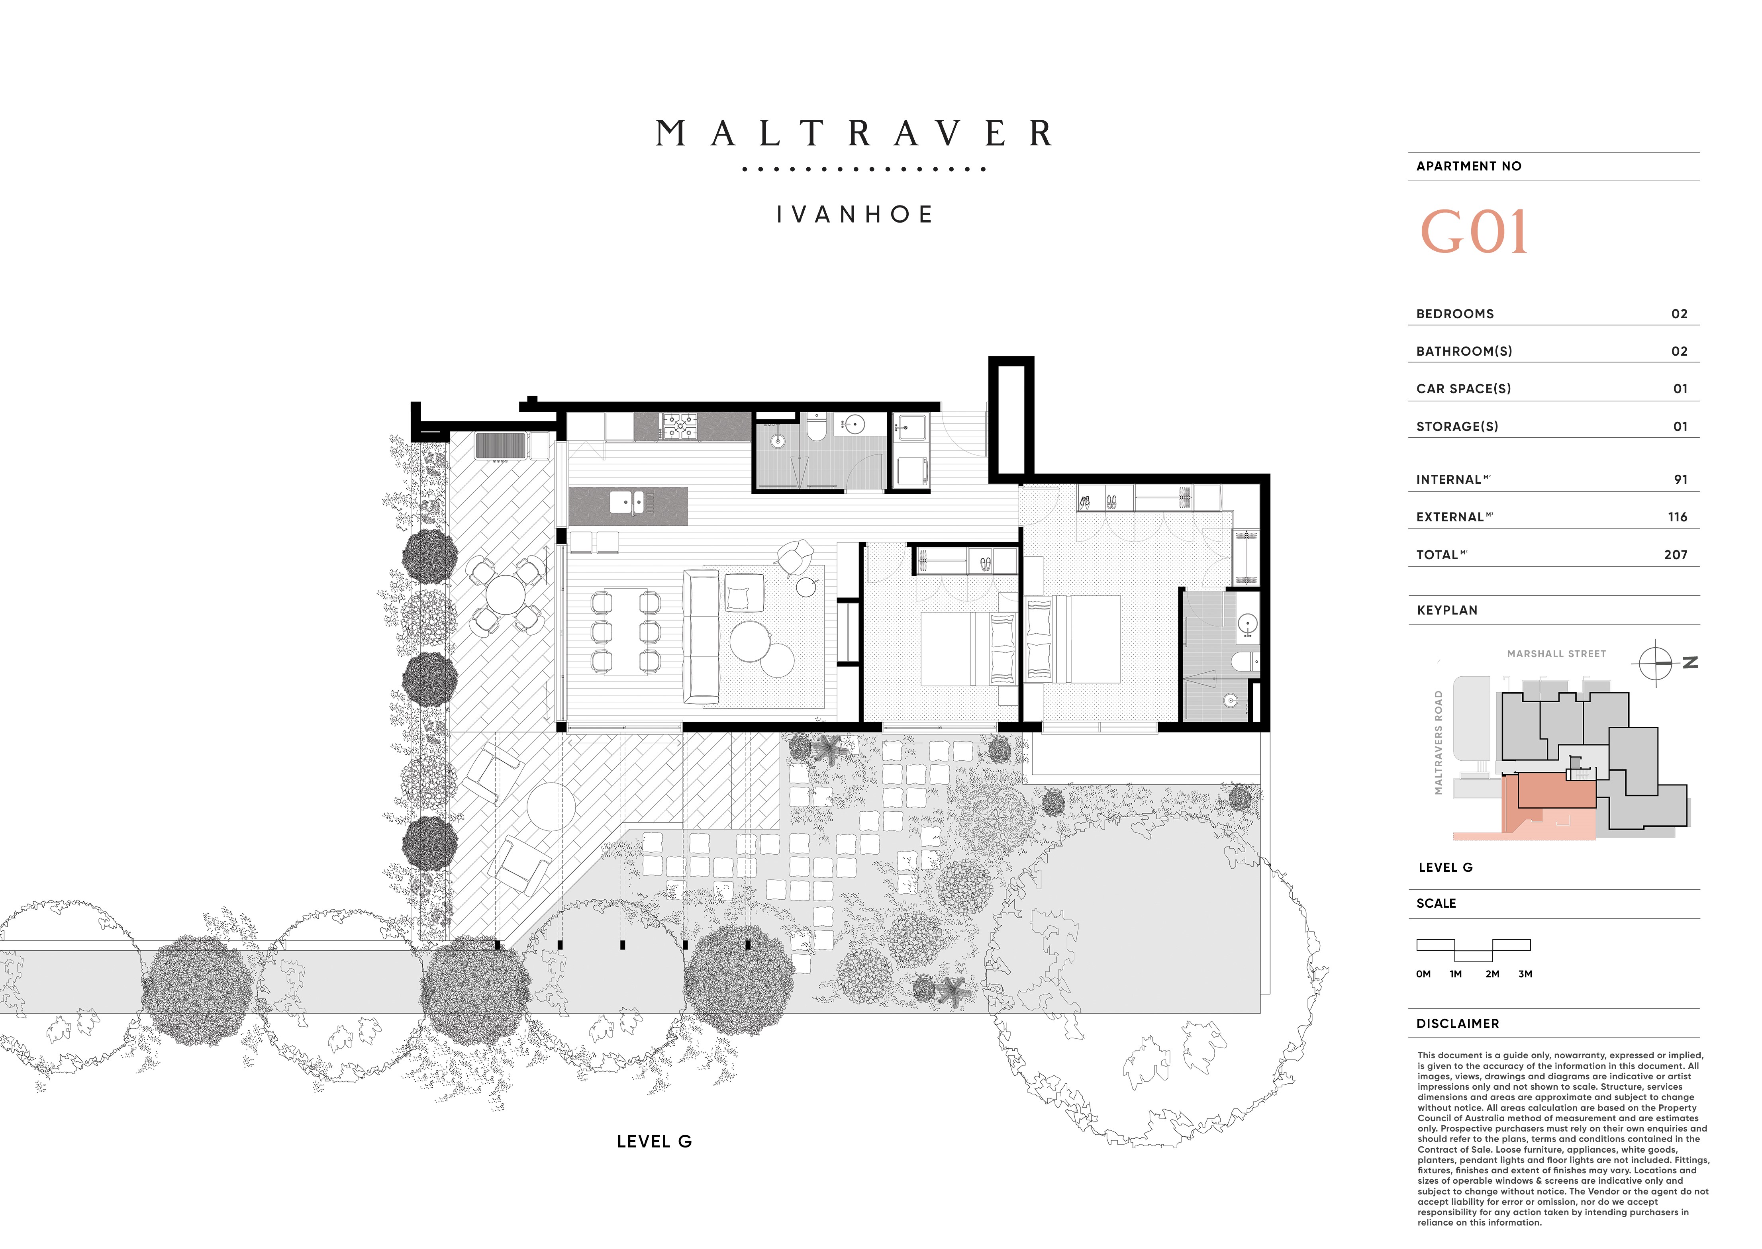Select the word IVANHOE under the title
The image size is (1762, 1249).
pyautogui.click(x=855, y=215)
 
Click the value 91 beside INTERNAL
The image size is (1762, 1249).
pyautogui.click(x=1680, y=479)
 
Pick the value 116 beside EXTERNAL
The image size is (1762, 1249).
pyautogui.click(x=1678, y=517)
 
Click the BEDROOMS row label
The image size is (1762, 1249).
pyautogui.click(x=1455, y=314)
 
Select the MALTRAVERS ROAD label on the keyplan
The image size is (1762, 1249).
pyautogui.click(x=1438, y=742)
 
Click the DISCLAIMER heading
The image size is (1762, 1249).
pyautogui.click(x=1457, y=1024)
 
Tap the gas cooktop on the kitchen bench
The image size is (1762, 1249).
pyautogui.click(x=678, y=427)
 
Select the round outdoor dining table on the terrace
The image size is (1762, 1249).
pyautogui.click(x=504, y=595)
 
